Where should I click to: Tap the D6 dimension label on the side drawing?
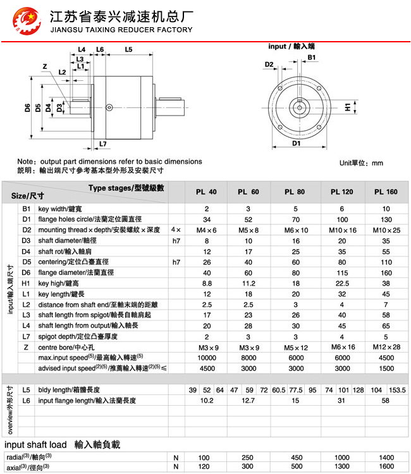tap(28, 107)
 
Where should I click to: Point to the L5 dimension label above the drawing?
tap(128, 49)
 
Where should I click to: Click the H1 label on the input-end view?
tap(347, 108)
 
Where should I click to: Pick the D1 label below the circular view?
tap(296, 143)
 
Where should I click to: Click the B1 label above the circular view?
tap(312, 58)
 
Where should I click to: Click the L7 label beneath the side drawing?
tap(103, 144)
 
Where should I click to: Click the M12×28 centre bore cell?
tap(386, 347)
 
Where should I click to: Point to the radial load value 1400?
tap(386, 457)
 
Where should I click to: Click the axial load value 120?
tap(204, 466)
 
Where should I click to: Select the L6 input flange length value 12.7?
tap(248, 401)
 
